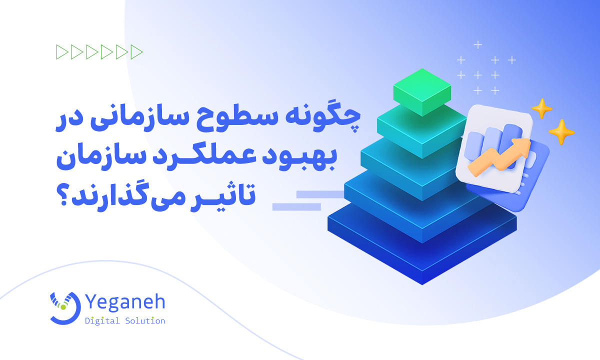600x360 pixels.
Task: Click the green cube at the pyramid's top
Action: click(422, 92)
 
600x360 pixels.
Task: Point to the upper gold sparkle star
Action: click(542, 109)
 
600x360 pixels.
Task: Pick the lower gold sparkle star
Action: click(561, 132)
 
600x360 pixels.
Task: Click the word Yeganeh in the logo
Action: click(125, 302)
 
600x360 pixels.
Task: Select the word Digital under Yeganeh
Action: click(102, 320)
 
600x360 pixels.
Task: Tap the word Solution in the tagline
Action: click(145, 320)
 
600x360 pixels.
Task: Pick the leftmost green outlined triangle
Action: click(62, 52)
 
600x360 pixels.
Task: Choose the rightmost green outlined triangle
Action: click(136, 52)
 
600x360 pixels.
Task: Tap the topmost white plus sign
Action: click(478, 44)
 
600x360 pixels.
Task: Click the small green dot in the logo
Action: click(63, 307)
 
